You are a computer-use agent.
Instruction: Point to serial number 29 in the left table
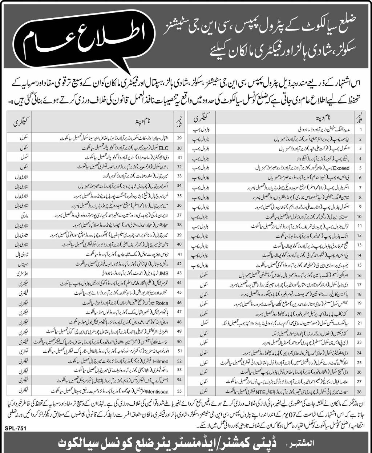pos(179,139)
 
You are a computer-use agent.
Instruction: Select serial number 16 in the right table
pos(360,275)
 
